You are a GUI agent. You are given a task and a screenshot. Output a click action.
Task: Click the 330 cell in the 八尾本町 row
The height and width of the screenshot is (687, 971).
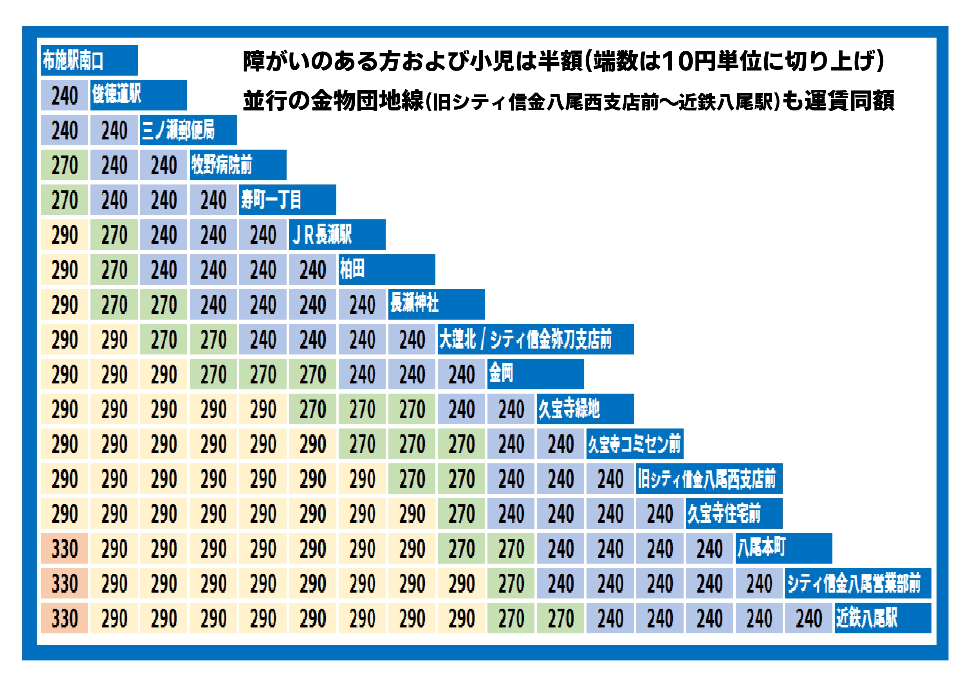(x=64, y=549)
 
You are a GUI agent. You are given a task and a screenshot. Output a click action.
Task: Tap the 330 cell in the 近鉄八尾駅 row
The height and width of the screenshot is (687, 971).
(x=64, y=618)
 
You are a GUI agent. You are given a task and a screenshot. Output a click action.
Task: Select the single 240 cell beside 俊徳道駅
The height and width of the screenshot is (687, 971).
(x=64, y=96)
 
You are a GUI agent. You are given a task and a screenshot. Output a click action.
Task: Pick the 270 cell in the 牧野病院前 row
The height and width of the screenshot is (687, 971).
(x=64, y=165)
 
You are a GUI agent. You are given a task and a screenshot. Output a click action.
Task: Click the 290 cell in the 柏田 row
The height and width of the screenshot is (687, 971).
(x=64, y=270)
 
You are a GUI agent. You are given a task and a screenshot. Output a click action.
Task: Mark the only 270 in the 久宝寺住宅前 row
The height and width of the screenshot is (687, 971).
(x=461, y=514)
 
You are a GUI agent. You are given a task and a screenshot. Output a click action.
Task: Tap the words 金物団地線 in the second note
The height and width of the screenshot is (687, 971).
(x=367, y=101)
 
